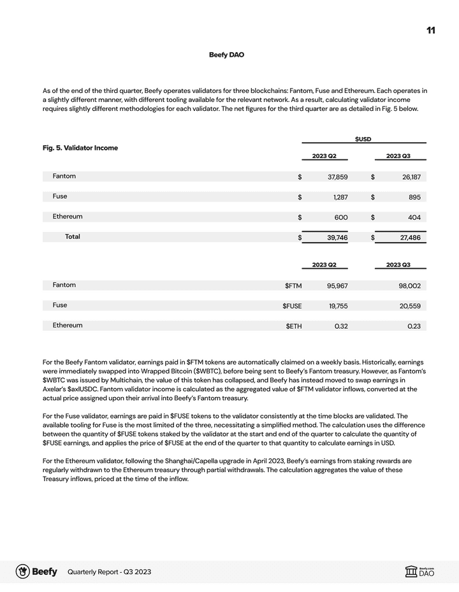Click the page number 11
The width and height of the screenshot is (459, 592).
click(x=431, y=31)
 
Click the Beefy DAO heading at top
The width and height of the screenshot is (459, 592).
click(x=226, y=55)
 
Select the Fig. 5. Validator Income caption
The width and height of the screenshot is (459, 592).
click(x=80, y=148)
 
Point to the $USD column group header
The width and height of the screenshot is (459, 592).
click(x=363, y=139)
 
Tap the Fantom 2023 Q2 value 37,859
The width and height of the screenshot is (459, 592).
click(x=337, y=177)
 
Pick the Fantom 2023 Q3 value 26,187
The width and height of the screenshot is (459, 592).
click(x=411, y=177)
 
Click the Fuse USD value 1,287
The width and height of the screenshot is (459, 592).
click(x=340, y=198)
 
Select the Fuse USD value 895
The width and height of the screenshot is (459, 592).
click(x=414, y=198)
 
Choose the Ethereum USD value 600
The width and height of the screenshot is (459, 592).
click(x=341, y=217)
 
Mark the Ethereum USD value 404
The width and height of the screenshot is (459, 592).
click(x=414, y=217)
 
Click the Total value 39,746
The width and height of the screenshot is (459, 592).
click(x=337, y=238)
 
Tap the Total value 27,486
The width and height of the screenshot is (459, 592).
click(x=411, y=238)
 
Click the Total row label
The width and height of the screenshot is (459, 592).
click(x=73, y=236)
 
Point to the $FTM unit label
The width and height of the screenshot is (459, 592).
click(x=293, y=286)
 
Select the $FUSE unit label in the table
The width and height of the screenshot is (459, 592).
click(x=292, y=307)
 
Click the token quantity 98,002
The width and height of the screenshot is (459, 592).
click(x=411, y=286)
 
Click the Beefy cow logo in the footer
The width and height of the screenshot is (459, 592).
click(x=23, y=572)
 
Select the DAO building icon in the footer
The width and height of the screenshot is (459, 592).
click(x=411, y=572)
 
